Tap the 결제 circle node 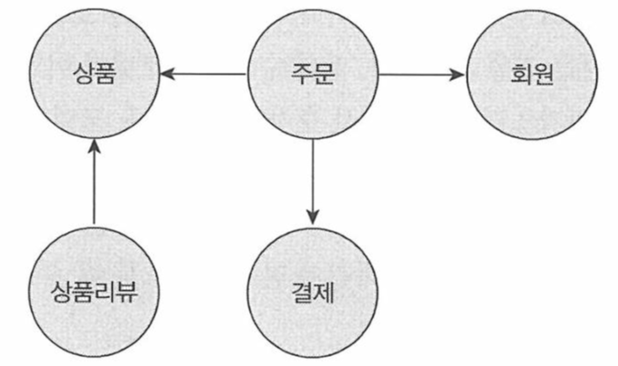[x=313, y=291]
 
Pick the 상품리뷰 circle [x=94, y=291]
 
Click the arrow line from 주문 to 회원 [x=421, y=75]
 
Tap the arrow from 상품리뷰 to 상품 [x=94, y=181]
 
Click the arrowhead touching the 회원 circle [x=457, y=75]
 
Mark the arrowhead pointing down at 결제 [x=313, y=217]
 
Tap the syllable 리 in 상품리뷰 [x=105, y=291]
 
